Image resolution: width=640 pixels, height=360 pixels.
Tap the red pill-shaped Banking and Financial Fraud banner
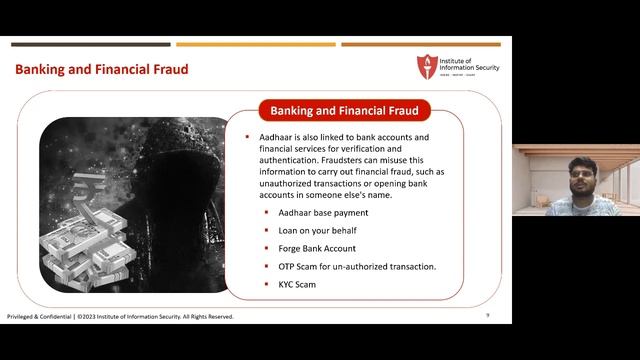[343, 109]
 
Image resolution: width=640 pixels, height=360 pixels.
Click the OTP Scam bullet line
[357, 267]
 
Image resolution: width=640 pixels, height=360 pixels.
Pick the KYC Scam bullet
[297, 285]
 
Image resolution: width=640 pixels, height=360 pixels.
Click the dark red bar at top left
[90, 44]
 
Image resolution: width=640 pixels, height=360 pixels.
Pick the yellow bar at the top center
[255, 44]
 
